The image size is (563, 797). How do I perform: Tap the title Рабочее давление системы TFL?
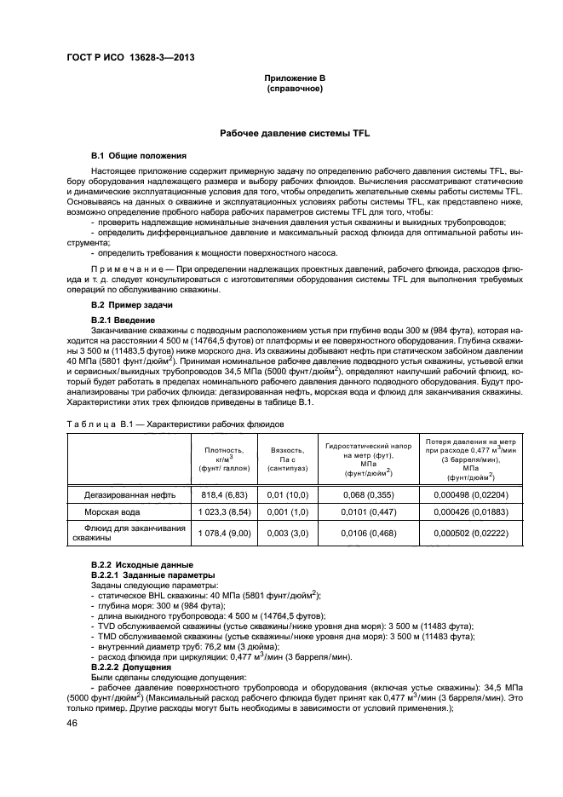296,134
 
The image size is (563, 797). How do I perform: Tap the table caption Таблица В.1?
95,423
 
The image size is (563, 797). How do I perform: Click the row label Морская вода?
112,512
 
